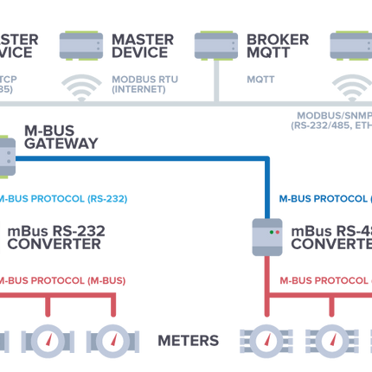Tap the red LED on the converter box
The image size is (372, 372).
[x=278, y=232]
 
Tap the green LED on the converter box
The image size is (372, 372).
[x=271, y=232]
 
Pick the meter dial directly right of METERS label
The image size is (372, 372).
[x=266, y=340]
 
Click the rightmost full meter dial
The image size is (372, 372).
[x=330, y=340]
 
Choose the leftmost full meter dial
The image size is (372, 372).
[x=47, y=340]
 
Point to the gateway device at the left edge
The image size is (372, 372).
[x=7, y=156]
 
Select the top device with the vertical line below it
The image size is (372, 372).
[x=215, y=44]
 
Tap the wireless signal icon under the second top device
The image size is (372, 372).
[x=81, y=85]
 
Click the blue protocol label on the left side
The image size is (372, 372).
[x=65, y=199]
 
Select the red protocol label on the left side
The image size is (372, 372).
[x=65, y=280]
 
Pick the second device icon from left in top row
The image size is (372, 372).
[x=81, y=44]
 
